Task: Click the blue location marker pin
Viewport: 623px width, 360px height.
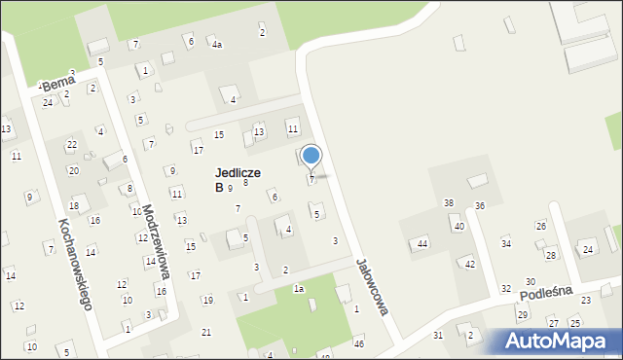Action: click(311, 157)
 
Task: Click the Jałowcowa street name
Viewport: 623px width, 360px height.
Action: click(373, 287)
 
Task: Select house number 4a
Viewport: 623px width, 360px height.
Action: click(217, 45)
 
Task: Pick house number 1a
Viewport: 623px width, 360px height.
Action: click(299, 289)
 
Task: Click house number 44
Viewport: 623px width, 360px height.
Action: click(421, 243)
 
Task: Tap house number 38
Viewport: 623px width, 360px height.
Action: click(448, 202)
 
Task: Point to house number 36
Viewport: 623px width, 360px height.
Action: click(479, 205)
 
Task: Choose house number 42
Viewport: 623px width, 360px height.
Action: click(469, 264)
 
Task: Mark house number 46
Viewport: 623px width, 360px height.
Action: click(358, 343)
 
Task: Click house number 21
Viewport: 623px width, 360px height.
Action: click(205, 333)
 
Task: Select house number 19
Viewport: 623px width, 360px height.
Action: click(207, 300)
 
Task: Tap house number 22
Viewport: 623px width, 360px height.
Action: click(71, 144)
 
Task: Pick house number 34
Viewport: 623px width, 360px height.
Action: click(505, 243)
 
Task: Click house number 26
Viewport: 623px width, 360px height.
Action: click(540, 226)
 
